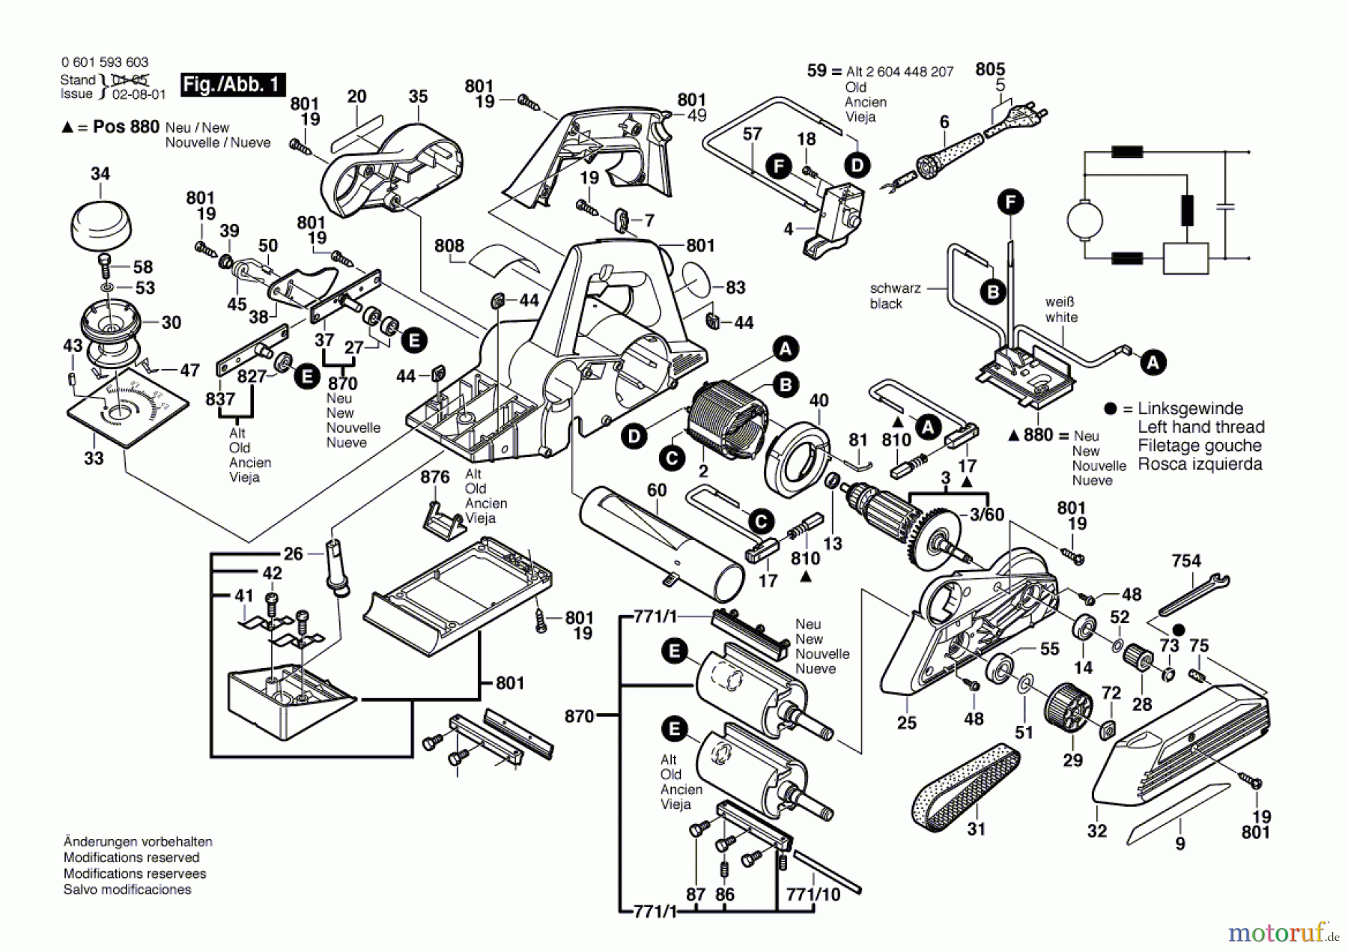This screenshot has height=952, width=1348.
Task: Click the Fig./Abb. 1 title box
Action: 232,85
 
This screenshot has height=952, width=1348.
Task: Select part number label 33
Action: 94,458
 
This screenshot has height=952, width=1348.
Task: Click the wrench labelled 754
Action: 1193,593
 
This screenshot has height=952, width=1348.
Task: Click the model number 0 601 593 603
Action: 105,62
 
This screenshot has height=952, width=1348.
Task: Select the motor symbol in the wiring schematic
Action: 1084,220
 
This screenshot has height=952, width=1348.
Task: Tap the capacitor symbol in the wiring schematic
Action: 1225,205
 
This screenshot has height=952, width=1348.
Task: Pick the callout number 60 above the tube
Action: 656,490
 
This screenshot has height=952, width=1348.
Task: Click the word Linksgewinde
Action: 1190,409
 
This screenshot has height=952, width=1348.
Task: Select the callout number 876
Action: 435,477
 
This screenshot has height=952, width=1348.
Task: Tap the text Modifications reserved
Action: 131,858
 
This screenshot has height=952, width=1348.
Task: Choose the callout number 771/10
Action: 813,894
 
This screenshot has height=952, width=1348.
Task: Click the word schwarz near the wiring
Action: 895,288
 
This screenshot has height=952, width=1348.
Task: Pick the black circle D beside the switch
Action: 857,166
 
